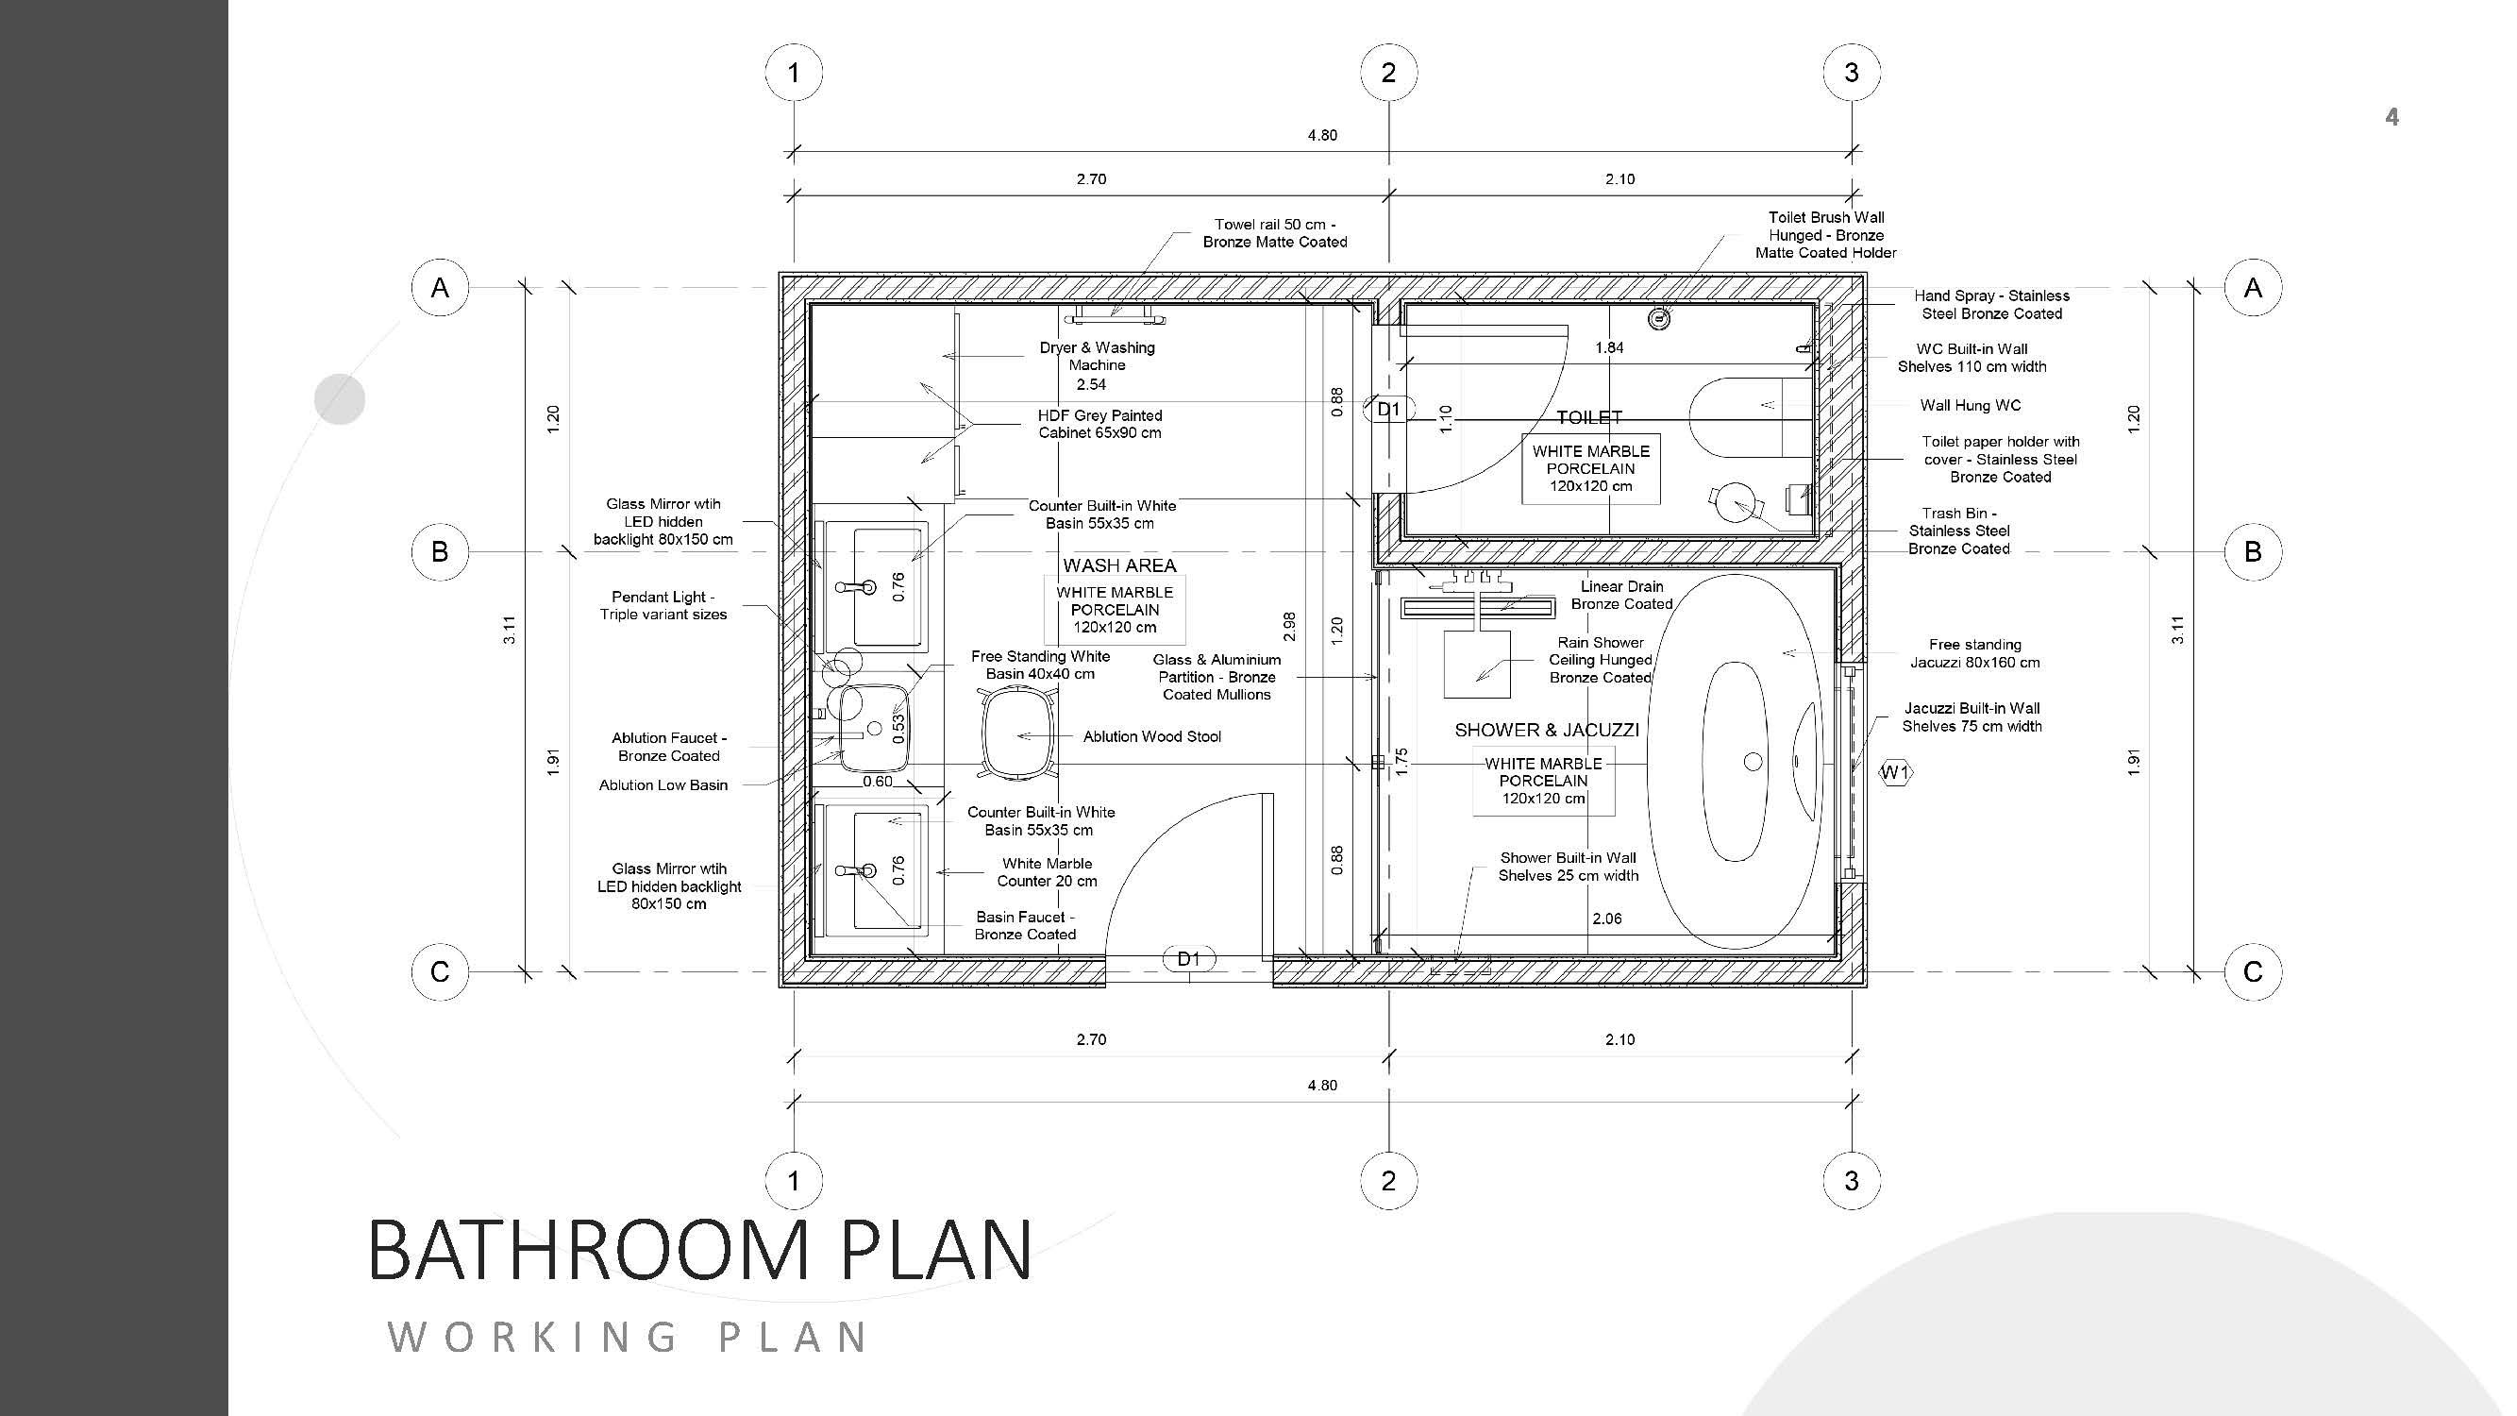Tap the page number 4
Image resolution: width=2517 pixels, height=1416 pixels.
click(2391, 117)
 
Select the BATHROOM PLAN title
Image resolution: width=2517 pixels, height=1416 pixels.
click(699, 1250)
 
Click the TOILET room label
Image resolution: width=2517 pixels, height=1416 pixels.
click(1588, 417)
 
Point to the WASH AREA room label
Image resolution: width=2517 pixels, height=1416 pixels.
click(1118, 565)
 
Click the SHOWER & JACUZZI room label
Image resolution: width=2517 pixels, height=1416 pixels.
click(1547, 730)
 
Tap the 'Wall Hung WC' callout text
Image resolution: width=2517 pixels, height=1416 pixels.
click(1970, 406)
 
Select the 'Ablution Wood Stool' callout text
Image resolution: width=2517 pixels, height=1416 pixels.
click(1152, 737)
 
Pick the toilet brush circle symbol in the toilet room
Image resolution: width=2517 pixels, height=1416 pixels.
click(1658, 317)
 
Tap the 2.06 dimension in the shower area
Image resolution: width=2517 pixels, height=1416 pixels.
click(1607, 919)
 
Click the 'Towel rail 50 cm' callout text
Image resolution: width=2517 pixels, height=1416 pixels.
click(1274, 225)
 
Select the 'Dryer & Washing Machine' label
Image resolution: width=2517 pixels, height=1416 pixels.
click(1098, 357)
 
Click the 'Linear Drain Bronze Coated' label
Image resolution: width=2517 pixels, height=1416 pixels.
click(1622, 595)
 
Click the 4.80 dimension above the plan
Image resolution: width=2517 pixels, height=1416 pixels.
click(1322, 135)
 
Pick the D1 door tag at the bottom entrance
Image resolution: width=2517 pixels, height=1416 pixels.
click(1189, 960)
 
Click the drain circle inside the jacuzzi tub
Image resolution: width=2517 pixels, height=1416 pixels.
click(1753, 761)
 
